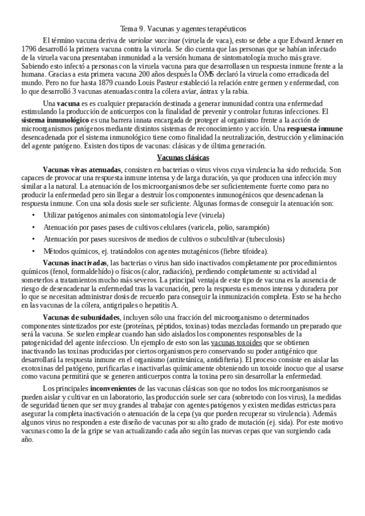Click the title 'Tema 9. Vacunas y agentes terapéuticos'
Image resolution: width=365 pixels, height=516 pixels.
click(x=183, y=29)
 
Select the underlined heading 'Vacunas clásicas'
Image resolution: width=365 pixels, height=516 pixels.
click(x=183, y=158)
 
